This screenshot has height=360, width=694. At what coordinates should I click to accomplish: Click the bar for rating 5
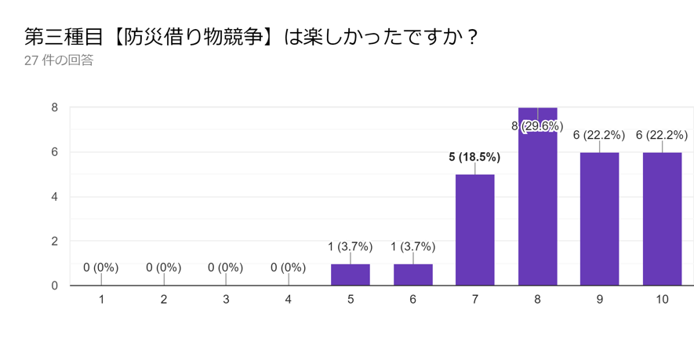[x=351, y=275]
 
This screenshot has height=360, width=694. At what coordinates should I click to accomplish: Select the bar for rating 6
[x=413, y=275]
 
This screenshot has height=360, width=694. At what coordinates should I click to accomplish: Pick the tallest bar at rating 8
[x=538, y=204]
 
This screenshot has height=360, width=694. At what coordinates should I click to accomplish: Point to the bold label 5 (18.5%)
[x=475, y=157]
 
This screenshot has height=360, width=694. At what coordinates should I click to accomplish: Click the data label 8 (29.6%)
[x=538, y=125]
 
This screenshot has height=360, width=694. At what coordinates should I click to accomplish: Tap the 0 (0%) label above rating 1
[x=101, y=267]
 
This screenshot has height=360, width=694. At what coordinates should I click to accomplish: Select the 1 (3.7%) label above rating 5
[x=351, y=246]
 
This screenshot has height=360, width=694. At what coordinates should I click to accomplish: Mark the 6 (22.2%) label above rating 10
[x=663, y=135]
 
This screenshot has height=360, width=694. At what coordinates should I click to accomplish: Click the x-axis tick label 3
[x=226, y=300]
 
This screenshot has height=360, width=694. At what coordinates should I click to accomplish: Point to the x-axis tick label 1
[x=101, y=300]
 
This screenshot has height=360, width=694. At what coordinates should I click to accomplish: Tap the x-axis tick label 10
[x=663, y=300]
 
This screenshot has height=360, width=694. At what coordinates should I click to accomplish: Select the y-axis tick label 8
[x=54, y=107]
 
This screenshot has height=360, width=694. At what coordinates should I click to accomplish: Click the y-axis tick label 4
[x=54, y=197]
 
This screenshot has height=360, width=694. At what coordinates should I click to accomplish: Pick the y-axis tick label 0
[x=54, y=285]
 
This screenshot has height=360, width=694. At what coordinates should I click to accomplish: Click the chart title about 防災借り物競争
[x=251, y=37]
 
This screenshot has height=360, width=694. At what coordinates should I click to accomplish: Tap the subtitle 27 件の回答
[x=59, y=60]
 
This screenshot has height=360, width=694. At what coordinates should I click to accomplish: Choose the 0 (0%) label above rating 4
[x=288, y=267]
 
